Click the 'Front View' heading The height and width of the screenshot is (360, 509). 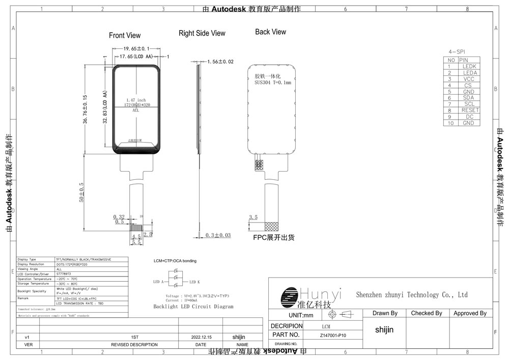(x=125, y=36)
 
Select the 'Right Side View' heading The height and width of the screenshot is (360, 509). (x=202, y=33)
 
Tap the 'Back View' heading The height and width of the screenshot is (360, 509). (x=270, y=32)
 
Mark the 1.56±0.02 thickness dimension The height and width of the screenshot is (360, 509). (x=220, y=62)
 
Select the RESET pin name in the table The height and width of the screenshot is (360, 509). (x=469, y=110)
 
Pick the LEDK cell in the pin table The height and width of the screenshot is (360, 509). (x=469, y=66)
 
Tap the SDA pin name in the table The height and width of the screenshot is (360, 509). (x=469, y=98)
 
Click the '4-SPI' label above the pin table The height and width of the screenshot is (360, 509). (x=457, y=52)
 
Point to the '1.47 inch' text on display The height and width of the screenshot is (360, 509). (x=135, y=100)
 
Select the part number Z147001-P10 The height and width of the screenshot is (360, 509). (x=333, y=335)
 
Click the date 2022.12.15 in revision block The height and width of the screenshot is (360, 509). (x=201, y=337)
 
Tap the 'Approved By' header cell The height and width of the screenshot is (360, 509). (x=469, y=313)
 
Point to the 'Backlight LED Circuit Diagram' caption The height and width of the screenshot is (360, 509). (x=193, y=307)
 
